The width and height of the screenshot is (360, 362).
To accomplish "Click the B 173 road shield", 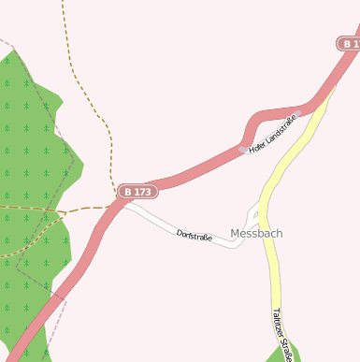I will (137, 192).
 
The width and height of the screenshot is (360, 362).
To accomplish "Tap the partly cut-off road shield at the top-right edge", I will (349, 44).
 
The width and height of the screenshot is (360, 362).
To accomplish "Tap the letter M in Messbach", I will (235, 233).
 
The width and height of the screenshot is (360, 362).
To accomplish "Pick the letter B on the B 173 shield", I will (128, 192).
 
